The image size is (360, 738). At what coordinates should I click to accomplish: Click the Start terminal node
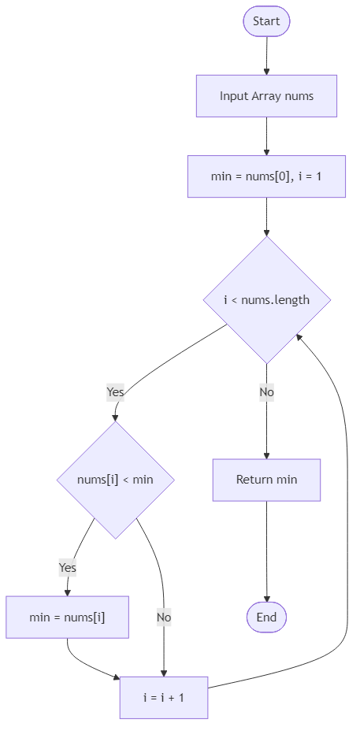[x=266, y=21]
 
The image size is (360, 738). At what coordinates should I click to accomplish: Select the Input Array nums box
[x=266, y=96]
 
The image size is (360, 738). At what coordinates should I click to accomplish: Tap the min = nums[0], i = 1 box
[x=266, y=176]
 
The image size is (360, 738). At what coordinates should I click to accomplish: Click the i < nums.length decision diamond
[x=266, y=299]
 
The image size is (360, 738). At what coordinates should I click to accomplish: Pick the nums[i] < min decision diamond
[x=115, y=479]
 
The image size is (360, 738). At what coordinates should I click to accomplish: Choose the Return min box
[x=266, y=479]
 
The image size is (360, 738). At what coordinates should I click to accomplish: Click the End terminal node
[x=266, y=617]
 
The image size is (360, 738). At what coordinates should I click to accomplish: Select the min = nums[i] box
[x=67, y=617]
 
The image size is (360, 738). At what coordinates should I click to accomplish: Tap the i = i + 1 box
[x=164, y=697]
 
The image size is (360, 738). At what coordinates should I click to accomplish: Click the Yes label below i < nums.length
[x=115, y=391]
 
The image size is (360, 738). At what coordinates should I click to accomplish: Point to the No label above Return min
[x=266, y=391]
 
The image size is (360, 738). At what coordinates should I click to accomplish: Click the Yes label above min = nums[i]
[x=67, y=567]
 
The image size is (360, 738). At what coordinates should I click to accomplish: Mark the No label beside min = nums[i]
[x=163, y=617]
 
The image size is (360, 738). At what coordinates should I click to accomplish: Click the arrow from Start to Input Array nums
[x=266, y=55]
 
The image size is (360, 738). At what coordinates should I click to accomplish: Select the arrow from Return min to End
[x=266, y=551]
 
